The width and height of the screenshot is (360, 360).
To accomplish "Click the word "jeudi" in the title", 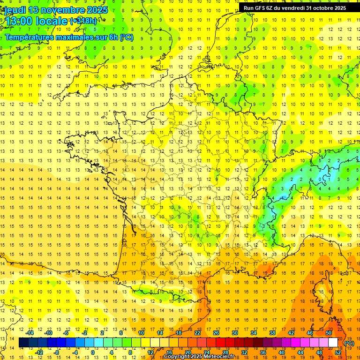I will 15,10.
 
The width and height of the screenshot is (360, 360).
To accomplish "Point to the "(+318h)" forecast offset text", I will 83,21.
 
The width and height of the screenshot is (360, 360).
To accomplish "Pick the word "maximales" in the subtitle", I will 78,37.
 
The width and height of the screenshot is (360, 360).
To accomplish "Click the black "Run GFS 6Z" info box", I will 294,8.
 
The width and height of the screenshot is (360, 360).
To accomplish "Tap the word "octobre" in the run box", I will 320,8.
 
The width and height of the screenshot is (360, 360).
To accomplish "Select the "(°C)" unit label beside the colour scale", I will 349,343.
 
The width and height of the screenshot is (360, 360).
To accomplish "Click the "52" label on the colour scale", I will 338,352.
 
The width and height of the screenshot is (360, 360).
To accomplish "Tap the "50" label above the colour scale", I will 328,333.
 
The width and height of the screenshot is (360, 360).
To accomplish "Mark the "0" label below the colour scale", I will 93,352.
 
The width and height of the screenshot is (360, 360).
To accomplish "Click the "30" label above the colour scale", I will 234,333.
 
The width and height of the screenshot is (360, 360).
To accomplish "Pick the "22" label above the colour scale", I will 197,333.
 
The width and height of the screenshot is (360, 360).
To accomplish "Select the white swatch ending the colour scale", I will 333,343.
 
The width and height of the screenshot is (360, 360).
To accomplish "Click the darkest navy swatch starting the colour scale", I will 23,343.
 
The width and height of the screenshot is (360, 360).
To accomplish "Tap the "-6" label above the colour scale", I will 67,333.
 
